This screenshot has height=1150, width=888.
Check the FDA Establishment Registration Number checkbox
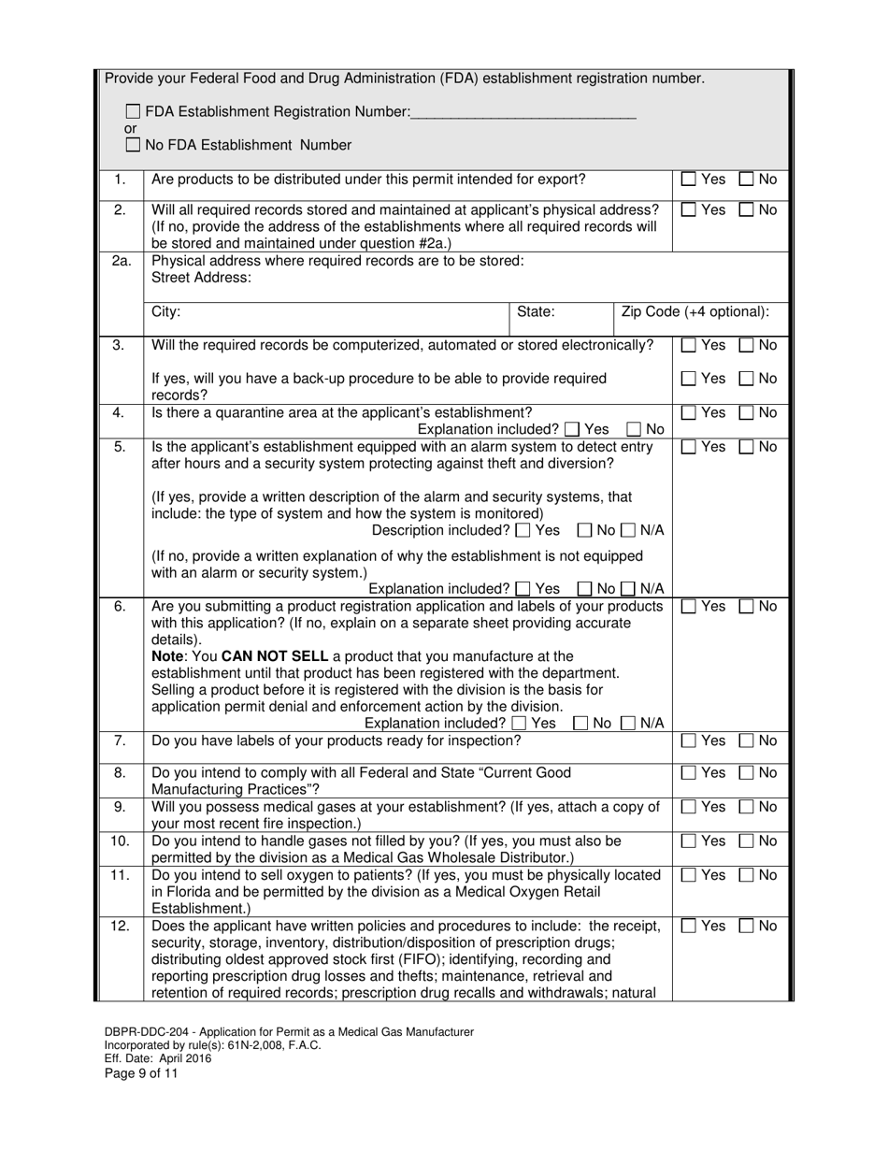click(x=133, y=112)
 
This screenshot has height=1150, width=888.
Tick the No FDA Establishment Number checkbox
click(x=133, y=145)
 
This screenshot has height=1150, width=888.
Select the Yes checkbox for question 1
click(x=689, y=180)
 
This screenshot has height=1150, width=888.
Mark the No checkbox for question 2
click(x=747, y=210)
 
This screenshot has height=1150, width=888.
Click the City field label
click(x=165, y=312)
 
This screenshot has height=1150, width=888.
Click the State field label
click(x=536, y=312)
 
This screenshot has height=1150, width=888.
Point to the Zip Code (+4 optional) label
click(x=695, y=312)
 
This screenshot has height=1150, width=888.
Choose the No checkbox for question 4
click(x=747, y=413)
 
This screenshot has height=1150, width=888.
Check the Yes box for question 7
click(x=689, y=741)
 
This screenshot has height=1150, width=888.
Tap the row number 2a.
click(x=121, y=261)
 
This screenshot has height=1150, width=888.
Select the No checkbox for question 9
click(x=747, y=807)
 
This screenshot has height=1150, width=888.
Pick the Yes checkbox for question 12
click(x=689, y=927)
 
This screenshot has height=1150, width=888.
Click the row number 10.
click(x=121, y=841)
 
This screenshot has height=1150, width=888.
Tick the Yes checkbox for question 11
click(x=689, y=876)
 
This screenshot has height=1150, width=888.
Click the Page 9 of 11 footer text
click(x=141, y=1073)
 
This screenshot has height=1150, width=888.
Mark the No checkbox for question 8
click(x=747, y=773)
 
